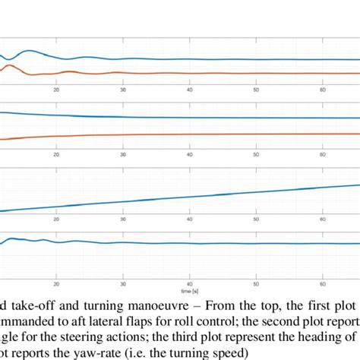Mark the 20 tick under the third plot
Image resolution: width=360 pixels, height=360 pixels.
[55, 219]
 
